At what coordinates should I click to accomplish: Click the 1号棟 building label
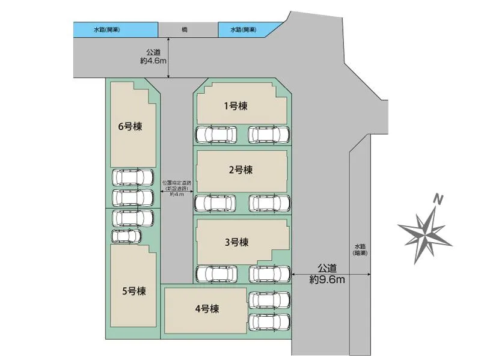click(x=236, y=106)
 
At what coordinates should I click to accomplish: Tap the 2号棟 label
click(x=240, y=170)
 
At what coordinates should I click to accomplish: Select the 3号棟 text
click(x=236, y=243)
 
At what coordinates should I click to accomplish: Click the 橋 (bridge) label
click(x=184, y=29)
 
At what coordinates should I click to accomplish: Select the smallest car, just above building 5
click(x=126, y=236)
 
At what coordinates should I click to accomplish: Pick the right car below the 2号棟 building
click(x=269, y=203)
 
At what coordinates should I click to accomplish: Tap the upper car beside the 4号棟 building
click(x=269, y=300)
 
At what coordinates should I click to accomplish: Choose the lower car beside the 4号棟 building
click(x=269, y=322)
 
